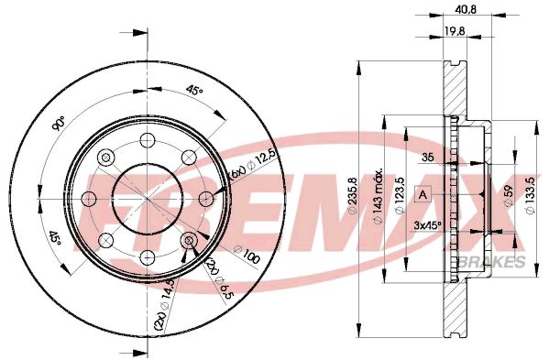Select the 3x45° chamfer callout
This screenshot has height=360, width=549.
pos(428,224)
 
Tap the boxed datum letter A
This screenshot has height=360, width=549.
pos(423,194)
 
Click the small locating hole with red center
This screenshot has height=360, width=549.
pos(191,242)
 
